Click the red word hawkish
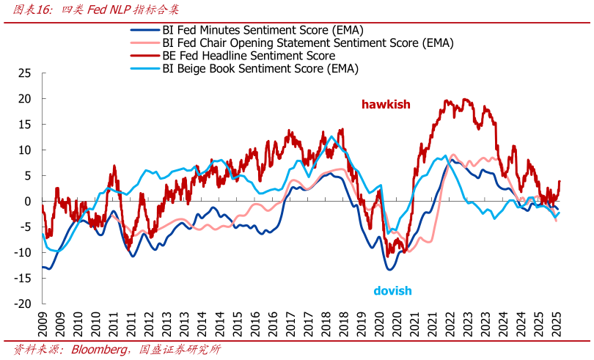386,105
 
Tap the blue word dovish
392,291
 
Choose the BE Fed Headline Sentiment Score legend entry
249,56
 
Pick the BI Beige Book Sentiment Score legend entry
260,69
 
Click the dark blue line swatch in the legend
144,30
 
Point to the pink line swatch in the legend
144,43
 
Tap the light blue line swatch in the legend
144,69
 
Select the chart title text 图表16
30,10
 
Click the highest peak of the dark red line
447,100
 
